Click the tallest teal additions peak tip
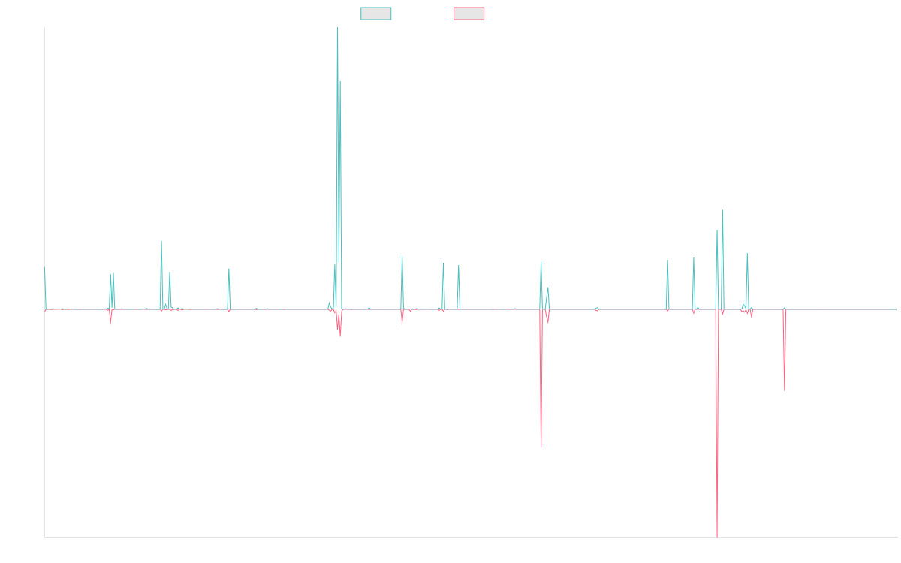[x=338, y=28]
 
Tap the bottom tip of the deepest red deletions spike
[x=717, y=537]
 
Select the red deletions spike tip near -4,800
[x=541, y=447]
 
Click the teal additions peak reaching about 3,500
[x=722, y=210]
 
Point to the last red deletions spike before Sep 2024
[x=785, y=390]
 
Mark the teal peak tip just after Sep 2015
[x=161, y=241]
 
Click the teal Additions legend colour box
[x=376, y=14]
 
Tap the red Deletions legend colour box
[x=469, y=14]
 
